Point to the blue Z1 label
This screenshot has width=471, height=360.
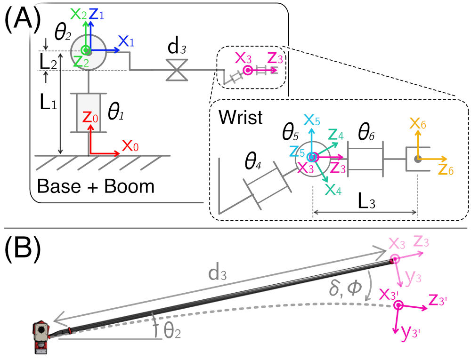coord(96,14)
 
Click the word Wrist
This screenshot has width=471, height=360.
coord(240,118)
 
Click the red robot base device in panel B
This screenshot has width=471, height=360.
coord(41,337)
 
